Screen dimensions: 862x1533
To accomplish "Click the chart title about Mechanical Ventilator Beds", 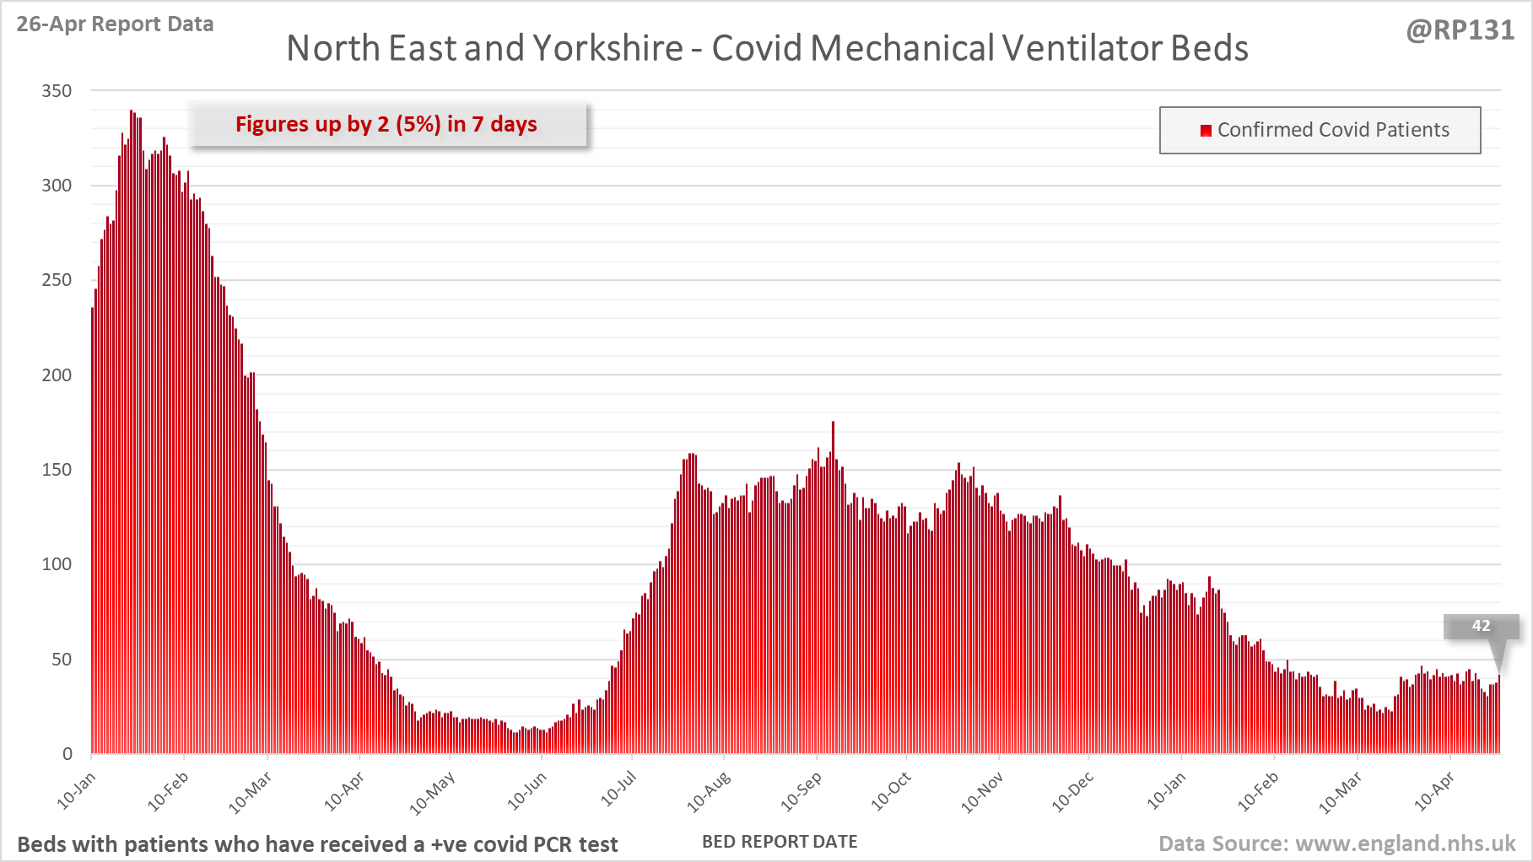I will pos(767,48).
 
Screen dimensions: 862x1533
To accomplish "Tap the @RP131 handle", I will pos(1460,30).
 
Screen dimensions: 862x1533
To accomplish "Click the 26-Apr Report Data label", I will pos(115,24).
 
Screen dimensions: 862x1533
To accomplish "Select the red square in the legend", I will pos(1206,130).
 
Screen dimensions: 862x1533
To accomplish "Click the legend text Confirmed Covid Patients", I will pos(1332,130).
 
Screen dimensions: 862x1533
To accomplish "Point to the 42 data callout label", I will pos(1481,626).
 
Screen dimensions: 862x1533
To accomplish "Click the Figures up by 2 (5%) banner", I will pos(386,124).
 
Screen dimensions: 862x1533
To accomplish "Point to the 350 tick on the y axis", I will pos(57,91).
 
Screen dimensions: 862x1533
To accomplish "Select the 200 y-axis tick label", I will pos(57,375).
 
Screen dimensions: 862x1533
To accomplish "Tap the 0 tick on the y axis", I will pos(67,754).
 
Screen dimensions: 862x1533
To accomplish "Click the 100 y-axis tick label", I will pos(57,564).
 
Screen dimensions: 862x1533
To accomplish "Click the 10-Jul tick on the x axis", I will pos(618,789).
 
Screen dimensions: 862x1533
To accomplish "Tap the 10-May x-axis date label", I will pos(432,794).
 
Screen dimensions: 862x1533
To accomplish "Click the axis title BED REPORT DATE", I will pos(780,842).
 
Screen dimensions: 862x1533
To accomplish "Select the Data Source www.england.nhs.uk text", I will pos(1336,843).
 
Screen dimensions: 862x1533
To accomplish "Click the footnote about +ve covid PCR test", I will pos(317,844).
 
